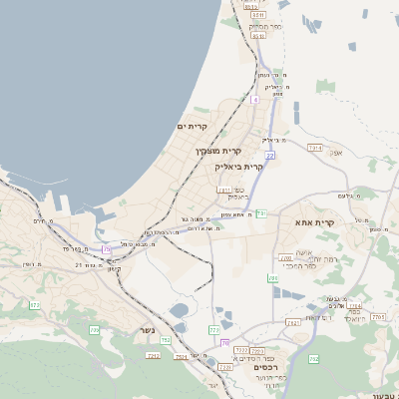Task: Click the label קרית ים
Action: pos(192,127)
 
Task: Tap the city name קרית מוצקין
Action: pos(217,151)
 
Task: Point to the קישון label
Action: pos(114,268)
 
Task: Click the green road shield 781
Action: pos(261,212)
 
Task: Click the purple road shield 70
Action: pos(225,343)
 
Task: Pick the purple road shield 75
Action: pos(107,248)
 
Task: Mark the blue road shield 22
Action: pos(269,155)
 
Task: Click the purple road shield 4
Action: pos(255,100)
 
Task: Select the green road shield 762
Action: pos(354,306)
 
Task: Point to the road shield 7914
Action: pos(315,148)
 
